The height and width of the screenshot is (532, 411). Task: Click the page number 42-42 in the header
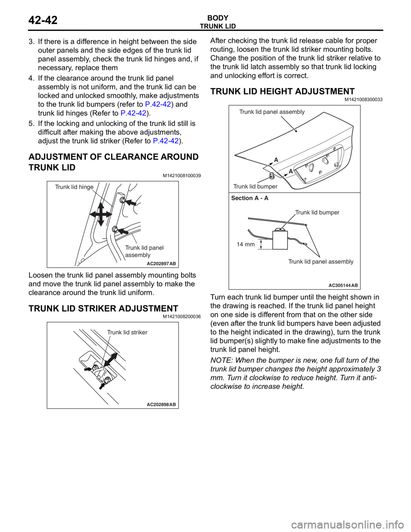[x=43, y=20]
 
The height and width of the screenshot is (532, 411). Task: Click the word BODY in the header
[x=218, y=18]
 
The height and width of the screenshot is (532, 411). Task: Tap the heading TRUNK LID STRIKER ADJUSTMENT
[x=103, y=308]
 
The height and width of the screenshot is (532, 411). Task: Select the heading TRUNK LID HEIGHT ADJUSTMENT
[x=282, y=91]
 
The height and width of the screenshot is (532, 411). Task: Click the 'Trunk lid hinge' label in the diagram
[x=74, y=187]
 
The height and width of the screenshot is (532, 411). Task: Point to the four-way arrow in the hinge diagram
[x=101, y=215]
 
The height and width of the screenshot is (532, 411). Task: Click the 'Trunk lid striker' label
[x=127, y=332]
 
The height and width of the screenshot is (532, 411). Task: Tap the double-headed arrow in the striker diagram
[x=110, y=359]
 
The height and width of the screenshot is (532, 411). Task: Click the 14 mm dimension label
[x=246, y=244]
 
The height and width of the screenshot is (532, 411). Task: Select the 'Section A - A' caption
[x=250, y=198]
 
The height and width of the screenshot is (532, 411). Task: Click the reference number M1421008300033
[x=363, y=100]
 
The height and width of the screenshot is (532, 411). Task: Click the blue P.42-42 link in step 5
[x=166, y=141]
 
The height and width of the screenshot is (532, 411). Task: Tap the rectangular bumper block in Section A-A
[x=280, y=240]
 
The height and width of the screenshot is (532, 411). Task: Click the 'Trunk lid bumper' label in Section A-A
[x=317, y=212]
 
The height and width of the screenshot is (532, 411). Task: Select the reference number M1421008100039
[x=182, y=176]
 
